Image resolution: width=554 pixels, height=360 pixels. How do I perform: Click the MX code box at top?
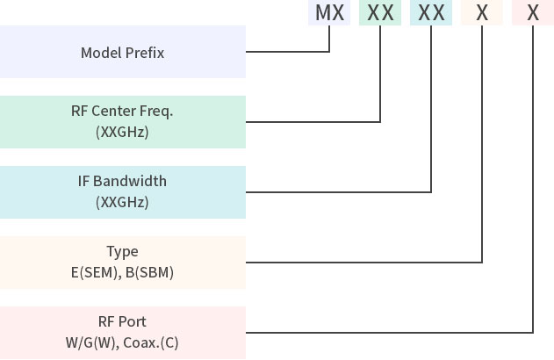(x=329, y=13)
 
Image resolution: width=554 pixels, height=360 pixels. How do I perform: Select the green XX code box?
(x=380, y=13)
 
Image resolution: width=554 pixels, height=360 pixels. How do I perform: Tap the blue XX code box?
(x=431, y=13)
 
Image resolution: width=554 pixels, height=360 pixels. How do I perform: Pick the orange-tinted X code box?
(x=482, y=13)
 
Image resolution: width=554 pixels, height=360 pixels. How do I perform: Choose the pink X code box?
(x=533, y=13)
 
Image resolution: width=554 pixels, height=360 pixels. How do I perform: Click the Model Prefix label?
(x=122, y=53)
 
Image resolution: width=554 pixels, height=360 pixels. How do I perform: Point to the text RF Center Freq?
(x=122, y=112)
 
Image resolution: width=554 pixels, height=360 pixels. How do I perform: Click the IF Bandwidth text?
(x=122, y=182)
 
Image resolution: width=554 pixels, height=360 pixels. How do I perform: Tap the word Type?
(x=122, y=252)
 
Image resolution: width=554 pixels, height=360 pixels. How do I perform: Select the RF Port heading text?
(x=122, y=321)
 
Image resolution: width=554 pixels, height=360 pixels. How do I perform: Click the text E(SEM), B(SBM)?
(x=122, y=272)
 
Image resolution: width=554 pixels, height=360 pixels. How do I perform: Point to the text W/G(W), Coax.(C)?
(x=122, y=342)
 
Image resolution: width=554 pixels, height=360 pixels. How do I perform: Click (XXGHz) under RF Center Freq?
(x=122, y=133)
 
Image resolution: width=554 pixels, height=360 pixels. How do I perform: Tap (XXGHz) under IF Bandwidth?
(x=122, y=202)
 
